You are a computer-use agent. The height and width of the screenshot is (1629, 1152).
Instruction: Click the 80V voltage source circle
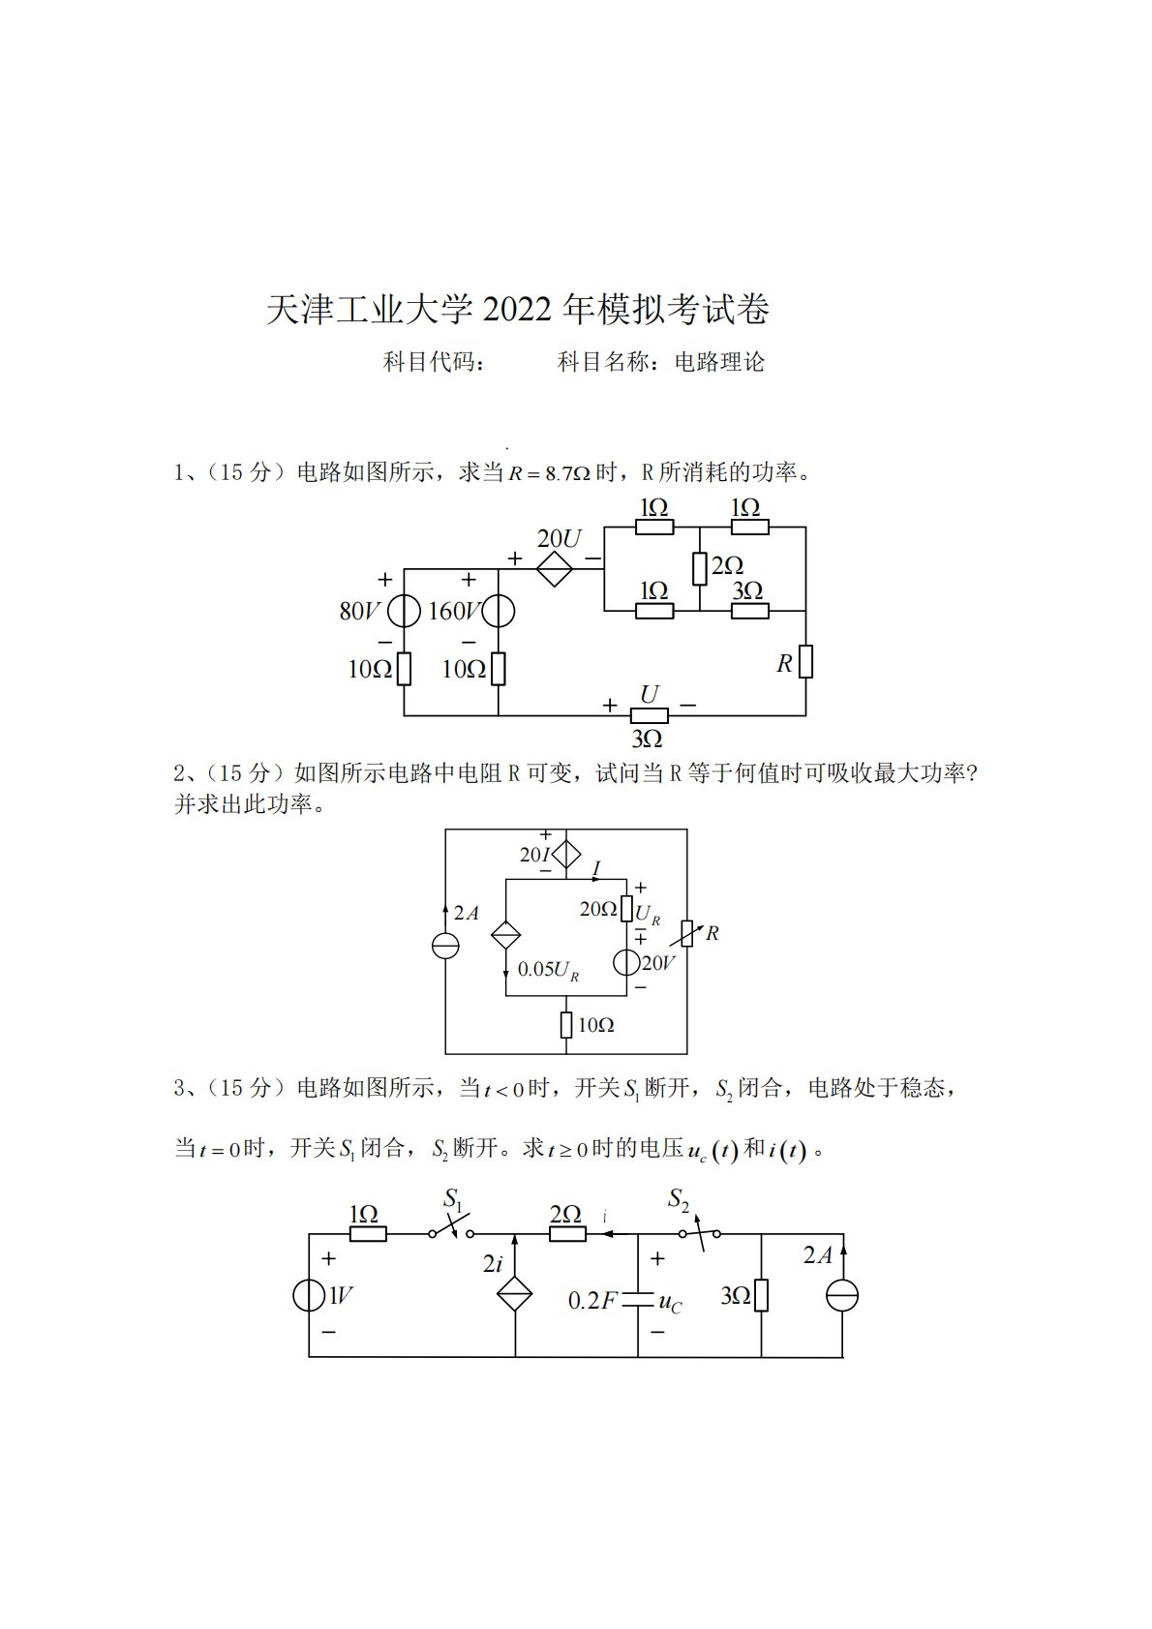tap(404, 611)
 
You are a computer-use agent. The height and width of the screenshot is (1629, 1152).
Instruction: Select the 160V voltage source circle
tap(498, 611)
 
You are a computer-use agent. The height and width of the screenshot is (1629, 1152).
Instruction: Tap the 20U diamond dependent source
tap(555, 569)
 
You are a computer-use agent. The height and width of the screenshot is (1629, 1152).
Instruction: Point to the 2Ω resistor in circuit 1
tap(699, 569)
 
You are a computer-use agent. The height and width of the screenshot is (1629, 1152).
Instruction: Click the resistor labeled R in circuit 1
tap(805, 662)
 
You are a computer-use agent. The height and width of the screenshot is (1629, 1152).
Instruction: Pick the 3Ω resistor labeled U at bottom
tap(649, 716)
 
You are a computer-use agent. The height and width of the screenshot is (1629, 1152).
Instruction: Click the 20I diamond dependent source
tap(566, 854)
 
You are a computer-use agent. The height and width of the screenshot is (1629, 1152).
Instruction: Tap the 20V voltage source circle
tap(626, 962)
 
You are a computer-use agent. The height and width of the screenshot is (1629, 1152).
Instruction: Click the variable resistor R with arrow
tap(687, 934)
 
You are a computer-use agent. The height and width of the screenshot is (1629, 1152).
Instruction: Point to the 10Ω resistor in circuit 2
tap(566, 1024)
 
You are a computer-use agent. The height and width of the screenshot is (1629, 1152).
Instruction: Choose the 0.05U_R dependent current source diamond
tap(506, 935)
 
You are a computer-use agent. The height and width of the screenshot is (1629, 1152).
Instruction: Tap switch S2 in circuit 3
tap(699, 1233)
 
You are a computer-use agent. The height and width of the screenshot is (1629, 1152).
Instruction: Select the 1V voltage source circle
tap(309, 1295)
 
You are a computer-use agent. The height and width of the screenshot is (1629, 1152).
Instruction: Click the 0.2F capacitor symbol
tap(638, 1299)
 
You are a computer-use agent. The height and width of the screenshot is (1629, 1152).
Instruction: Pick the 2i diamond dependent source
tap(515, 1293)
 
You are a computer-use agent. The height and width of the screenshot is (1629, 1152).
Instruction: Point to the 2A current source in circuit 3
tap(842, 1295)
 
